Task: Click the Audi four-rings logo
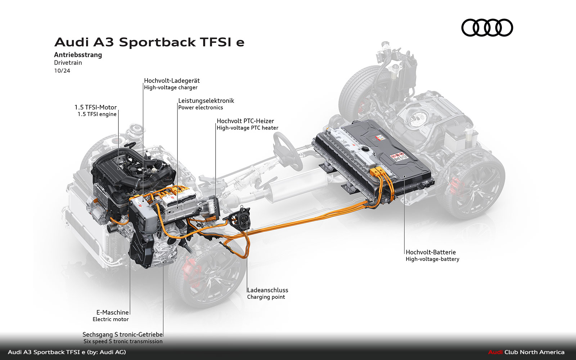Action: [487, 28]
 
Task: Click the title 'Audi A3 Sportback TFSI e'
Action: [149, 42]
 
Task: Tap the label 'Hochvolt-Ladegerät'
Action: [172, 81]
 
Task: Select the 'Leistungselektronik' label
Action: [206, 101]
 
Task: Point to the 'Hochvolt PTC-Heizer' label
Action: [245, 121]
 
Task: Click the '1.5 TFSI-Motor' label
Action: [95, 107]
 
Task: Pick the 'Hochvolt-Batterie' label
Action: [431, 252]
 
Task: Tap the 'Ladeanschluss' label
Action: [267, 290]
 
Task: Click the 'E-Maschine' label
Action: [112, 312]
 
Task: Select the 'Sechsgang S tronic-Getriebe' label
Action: [123, 334]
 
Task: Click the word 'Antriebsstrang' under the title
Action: [78, 55]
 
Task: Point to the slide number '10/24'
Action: [62, 71]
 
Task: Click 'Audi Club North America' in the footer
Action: [526, 352]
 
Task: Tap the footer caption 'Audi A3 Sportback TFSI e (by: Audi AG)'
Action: [67, 352]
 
